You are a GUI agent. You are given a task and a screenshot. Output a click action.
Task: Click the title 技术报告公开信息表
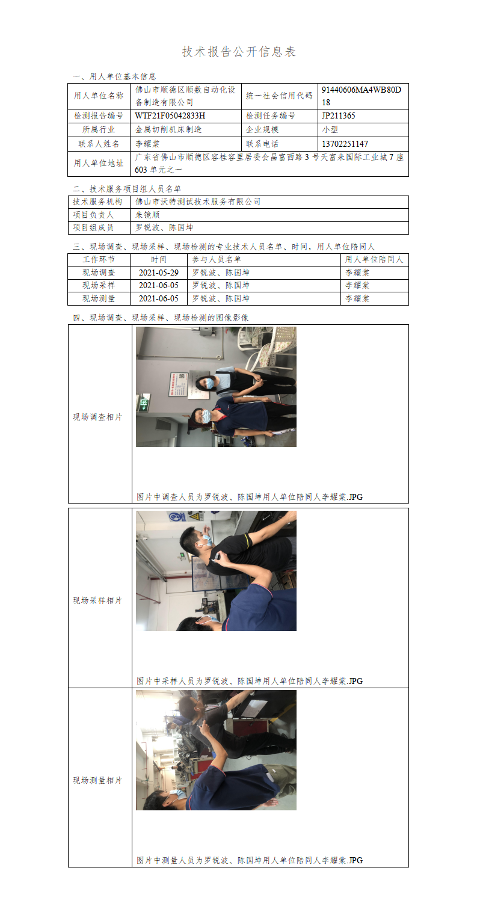click(238, 52)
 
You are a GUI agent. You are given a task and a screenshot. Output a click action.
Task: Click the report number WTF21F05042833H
click(170, 116)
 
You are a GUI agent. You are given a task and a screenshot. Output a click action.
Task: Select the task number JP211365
click(338, 116)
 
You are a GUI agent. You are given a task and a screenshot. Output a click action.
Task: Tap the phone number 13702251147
click(345, 144)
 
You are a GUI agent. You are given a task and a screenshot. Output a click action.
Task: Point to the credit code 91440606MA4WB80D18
click(361, 96)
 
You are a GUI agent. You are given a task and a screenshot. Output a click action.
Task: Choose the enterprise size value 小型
click(330, 129)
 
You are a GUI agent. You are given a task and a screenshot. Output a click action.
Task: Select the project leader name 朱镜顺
click(147, 215)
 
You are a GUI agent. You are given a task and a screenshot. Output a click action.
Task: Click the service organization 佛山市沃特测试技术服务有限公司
click(198, 202)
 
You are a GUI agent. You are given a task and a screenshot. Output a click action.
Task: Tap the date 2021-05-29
click(159, 273)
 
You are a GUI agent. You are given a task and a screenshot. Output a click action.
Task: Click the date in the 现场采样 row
click(159, 285)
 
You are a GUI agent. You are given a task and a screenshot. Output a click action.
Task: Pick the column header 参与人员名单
click(217, 259)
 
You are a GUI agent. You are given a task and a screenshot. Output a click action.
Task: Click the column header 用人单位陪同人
click(374, 259)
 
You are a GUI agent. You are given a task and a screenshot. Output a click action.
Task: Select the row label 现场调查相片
click(97, 417)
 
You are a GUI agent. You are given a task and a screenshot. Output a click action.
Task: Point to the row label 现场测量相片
click(97, 780)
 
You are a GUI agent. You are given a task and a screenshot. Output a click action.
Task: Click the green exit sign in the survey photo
click(144, 403)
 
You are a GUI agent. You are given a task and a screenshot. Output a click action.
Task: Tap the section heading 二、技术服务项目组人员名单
click(127, 189)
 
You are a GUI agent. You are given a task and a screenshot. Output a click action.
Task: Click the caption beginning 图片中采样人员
click(250, 681)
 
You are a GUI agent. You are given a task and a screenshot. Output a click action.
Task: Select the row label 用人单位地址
click(99, 163)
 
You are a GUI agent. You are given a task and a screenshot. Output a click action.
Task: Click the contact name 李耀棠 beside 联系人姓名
click(147, 144)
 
